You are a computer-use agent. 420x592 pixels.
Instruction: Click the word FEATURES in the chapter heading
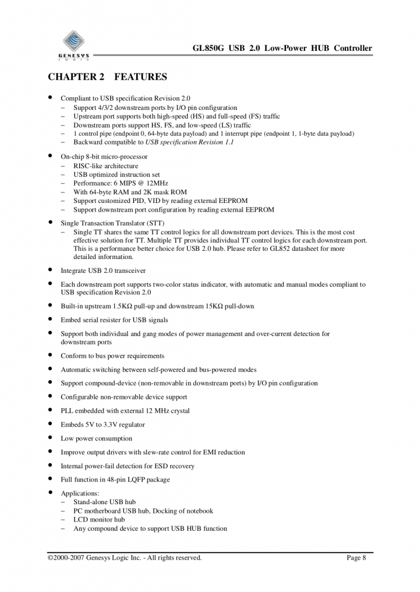(141, 77)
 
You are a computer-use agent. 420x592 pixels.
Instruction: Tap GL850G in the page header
(211, 48)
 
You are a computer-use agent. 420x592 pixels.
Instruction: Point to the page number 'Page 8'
(356, 558)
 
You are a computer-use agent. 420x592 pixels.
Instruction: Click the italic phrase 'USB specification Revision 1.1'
(189, 142)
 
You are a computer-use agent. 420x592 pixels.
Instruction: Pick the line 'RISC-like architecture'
(106, 166)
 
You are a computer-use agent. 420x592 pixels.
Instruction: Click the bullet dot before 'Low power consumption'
(51, 438)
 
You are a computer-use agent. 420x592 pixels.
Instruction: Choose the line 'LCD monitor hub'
(99, 519)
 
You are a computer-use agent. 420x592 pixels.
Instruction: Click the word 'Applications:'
(80, 493)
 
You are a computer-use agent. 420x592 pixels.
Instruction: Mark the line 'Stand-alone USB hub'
(105, 502)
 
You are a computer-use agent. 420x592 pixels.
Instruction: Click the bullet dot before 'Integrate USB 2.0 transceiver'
(51, 269)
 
